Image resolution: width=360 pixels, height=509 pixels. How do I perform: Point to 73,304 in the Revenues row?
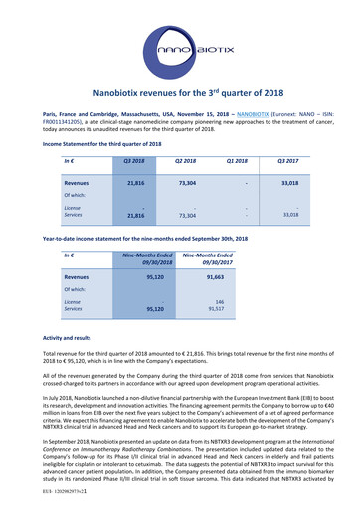(x=186, y=183)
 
